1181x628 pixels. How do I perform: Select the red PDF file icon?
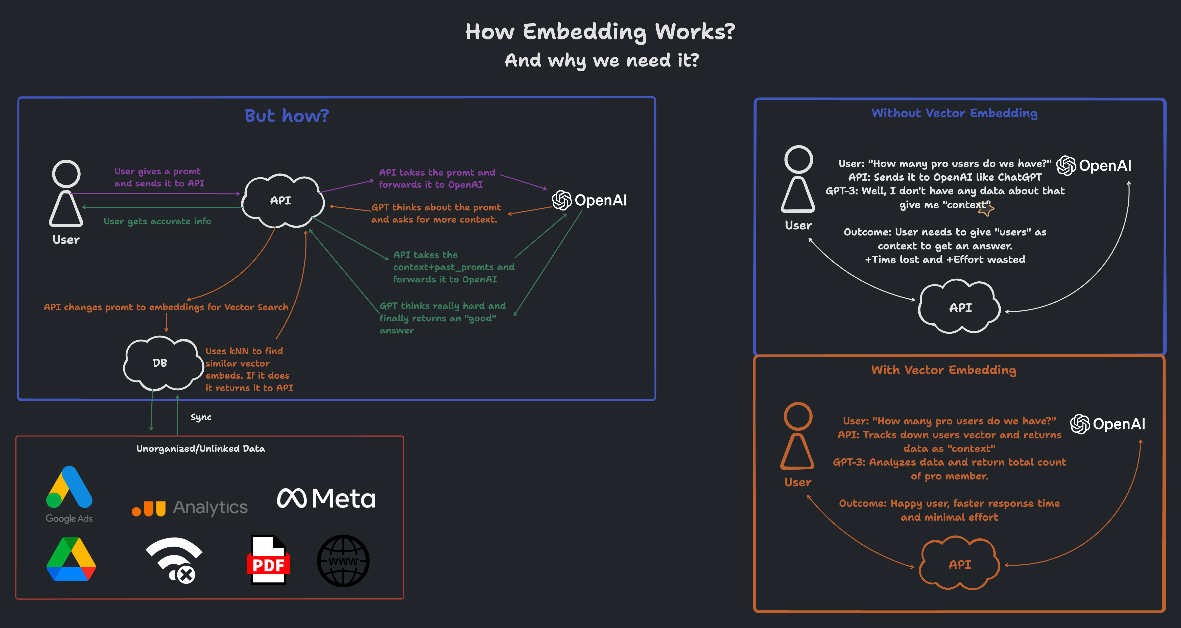coord(268,560)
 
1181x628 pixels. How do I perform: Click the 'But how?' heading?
coord(287,116)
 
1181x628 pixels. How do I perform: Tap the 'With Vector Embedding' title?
coord(943,370)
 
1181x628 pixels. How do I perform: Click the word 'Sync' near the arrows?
coord(201,417)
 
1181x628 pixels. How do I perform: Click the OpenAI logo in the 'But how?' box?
coord(589,200)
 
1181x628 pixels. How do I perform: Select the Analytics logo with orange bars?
coord(189,508)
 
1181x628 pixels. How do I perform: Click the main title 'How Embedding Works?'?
coord(600,32)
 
